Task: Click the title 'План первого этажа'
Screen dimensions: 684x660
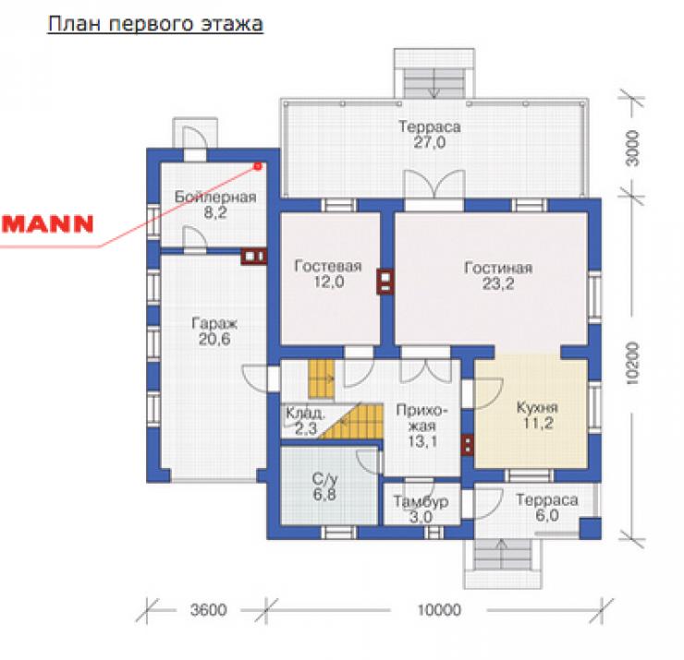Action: pyautogui.click(x=155, y=24)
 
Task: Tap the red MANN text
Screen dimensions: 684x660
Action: pyautogui.click(x=47, y=223)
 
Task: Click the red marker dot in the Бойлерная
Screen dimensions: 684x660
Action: pyautogui.click(x=257, y=166)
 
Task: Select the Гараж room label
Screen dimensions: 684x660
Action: pyautogui.click(x=214, y=324)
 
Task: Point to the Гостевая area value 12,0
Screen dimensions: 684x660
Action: pyautogui.click(x=329, y=282)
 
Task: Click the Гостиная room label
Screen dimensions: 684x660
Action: pyautogui.click(x=498, y=267)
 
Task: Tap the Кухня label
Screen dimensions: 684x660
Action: pyautogui.click(x=537, y=407)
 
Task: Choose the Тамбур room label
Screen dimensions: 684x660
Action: pyautogui.click(x=421, y=501)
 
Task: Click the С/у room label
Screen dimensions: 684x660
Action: pyautogui.click(x=325, y=479)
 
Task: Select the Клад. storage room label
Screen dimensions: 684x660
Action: pyautogui.click(x=305, y=412)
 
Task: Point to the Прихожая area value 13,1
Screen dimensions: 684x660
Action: pyautogui.click(x=422, y=441)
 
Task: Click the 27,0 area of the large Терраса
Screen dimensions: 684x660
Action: pyautogui.click(x=429, y=142)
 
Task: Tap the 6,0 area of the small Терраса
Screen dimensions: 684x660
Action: pyautogui.click(x=547, y=515)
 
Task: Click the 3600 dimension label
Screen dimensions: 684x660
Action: pyautogui.click(x=209, y=610)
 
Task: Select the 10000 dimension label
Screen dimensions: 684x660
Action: pyautogui.click(x=439, y=610)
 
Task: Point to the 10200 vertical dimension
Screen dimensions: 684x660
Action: pyautogui.click(x=632, y=364)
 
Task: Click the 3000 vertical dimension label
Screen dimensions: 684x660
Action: pyautogui.click(x=632, y=149)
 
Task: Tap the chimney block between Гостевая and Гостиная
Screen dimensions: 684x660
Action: pyautogui.click(x=385, y=282)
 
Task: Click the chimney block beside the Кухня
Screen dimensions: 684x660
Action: pyautogui.click(x=467, y=445)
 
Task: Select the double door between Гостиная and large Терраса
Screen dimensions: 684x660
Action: pyautogui.click(x=434, y=186)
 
